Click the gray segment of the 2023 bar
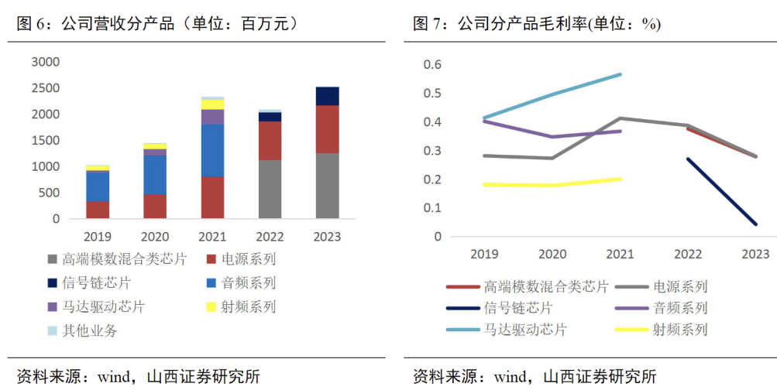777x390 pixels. click(x=327, y=186)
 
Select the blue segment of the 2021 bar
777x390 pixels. click(x=212, y=150)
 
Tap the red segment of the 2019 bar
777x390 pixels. click(x=98, y=210)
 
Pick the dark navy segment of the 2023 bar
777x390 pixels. click(x=327, y=96)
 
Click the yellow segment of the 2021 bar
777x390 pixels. click(x=212, y=104)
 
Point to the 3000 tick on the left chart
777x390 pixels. click(x=45, y=62)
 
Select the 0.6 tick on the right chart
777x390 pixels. click(x=432, y=64)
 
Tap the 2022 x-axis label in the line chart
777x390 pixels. click(x=688, y=254)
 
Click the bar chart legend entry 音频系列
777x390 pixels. click(x=248, y=283)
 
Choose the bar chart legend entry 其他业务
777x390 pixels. click(x=90, y=330)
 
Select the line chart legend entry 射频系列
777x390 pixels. click(x=681, y=330)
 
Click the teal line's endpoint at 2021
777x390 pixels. click(x=621, y=74)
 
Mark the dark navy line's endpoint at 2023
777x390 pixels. click(x=755, y=224)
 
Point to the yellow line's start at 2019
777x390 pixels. click(x=485, y=184)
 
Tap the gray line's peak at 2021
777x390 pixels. click(x=621, y=118)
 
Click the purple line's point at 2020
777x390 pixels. click(x=552, y=137)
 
